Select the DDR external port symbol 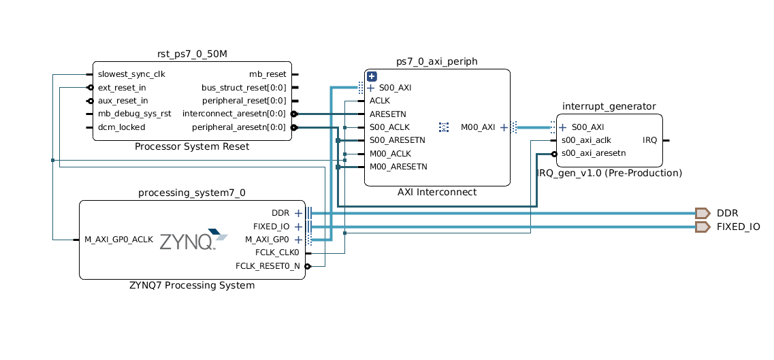point(703,213)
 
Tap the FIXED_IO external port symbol point(703,227)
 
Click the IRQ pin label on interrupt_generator point(649,140)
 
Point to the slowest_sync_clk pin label point(131,74)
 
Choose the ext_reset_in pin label point(122,88)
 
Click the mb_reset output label point(268,74)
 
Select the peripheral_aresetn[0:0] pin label point(239,127)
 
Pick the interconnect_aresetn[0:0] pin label point(234,114)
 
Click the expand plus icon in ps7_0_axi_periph point(372,76)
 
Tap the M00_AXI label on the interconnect point(478,127)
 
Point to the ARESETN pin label point(388,114)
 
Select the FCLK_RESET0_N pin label point(268,266)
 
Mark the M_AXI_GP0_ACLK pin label point(118,240)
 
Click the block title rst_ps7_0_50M point(191,54)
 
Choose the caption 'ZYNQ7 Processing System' point(191,285)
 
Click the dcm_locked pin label point(121,127)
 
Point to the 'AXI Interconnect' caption point(436,192)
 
